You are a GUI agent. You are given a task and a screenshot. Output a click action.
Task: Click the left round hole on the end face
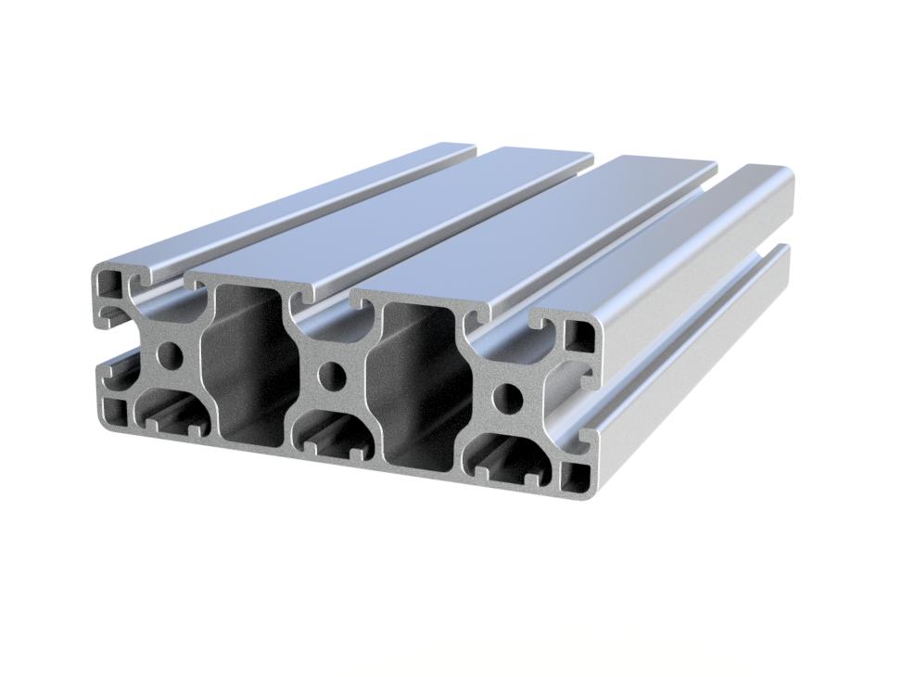tap(170, 355)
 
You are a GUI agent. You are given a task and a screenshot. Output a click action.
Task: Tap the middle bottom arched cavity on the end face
tap(336, 435)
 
